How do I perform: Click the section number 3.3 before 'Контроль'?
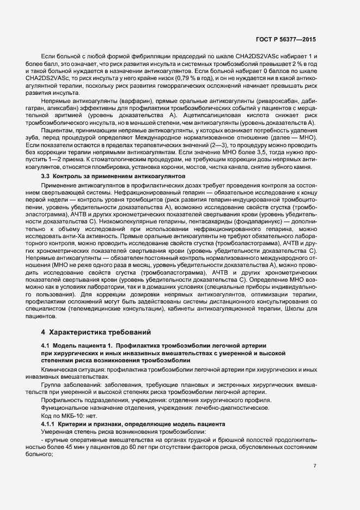pos(46,178)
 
